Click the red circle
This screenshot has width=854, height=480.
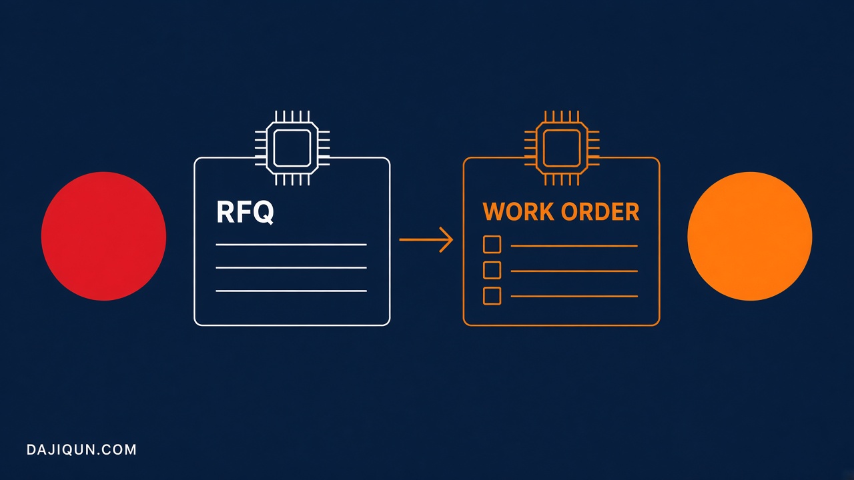pyautogui.click(x=103, y=236)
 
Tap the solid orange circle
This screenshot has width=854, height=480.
pyautogui.click(x=750, y=236)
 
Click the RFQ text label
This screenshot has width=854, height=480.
pyautogui.click(x=245, y=212)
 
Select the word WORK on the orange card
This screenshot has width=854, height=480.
pyautogui.click(x=518, y=211)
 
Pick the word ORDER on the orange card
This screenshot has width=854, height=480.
pyautogui.click(x=600, y=211)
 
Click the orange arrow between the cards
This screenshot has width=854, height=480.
pyautogui.click(x=426, y=239)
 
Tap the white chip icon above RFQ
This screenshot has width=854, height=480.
pyautogui.click(x=292, y=148)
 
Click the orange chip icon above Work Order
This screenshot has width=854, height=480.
pyautogui.click(x=562, y=148)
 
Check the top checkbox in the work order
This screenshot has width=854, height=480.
pyautogui.click(x=492, y=245)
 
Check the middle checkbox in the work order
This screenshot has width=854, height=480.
pyautogui.click(x=492, y=270)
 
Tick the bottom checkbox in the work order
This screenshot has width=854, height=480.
pyautogui.click(x=492, y=296)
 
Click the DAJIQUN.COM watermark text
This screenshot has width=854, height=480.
pyautogui.click(x=81, y=450)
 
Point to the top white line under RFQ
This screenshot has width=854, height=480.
pyautogui.click(x=292, y=245)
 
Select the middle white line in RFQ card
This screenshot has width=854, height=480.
pyautogui.click(x=292, y=268)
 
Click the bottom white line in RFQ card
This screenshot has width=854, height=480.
pyautogui.click(x=292, y=291)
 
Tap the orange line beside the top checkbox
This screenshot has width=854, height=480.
pyautogui.click(x=574, y=246)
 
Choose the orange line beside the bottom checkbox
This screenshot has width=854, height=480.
pyautogui.click(x=574, y=296)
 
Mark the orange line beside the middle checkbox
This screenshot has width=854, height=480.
pyautogui.click(x=574, y=271)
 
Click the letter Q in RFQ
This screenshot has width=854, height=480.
pyautogui.click(x=264, y=213)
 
